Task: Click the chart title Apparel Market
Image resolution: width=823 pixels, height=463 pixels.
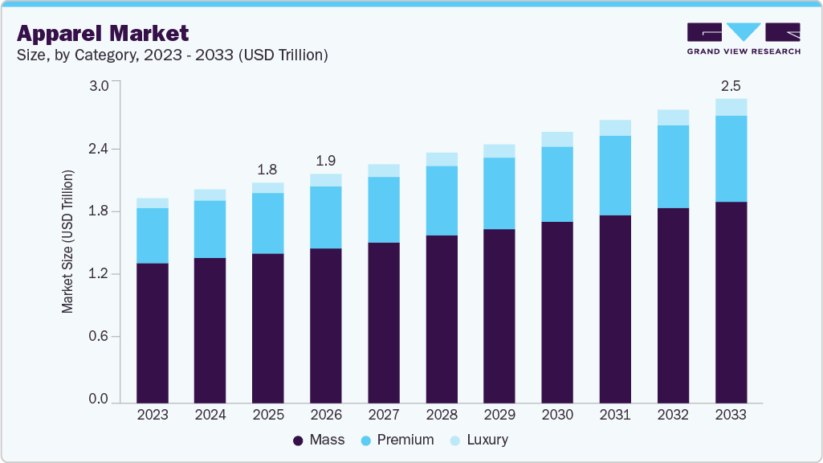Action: (x=103, y=33)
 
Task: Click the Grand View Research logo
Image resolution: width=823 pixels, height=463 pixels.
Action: (x=744, y=39)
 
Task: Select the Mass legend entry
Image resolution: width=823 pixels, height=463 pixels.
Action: (x=319, y=440)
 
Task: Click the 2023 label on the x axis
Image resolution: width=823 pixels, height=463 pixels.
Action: (x=153, y=415)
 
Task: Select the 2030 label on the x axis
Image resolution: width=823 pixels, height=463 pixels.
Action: (x=557, y=415)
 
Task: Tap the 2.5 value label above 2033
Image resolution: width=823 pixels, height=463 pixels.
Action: (x=731, y=85)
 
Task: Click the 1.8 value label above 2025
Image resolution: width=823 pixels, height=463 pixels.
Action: (x=268, y=170)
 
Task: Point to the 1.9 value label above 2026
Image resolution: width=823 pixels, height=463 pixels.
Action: (x=326, y=160)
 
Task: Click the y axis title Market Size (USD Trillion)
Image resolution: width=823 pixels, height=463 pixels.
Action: (x=68, y=241)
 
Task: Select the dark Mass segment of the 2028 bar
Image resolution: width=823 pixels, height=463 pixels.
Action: (x=442, y=318)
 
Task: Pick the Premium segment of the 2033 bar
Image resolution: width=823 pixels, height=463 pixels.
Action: (x=731, y=158)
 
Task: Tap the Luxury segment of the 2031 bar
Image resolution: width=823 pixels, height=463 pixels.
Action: (x=615, y=128)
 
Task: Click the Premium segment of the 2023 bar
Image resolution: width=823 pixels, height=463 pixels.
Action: (x=153, y=236)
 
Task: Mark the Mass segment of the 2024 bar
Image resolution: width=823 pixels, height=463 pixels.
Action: (x=210, y=330)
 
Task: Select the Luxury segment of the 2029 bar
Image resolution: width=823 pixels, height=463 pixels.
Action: (x=499, y=151)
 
